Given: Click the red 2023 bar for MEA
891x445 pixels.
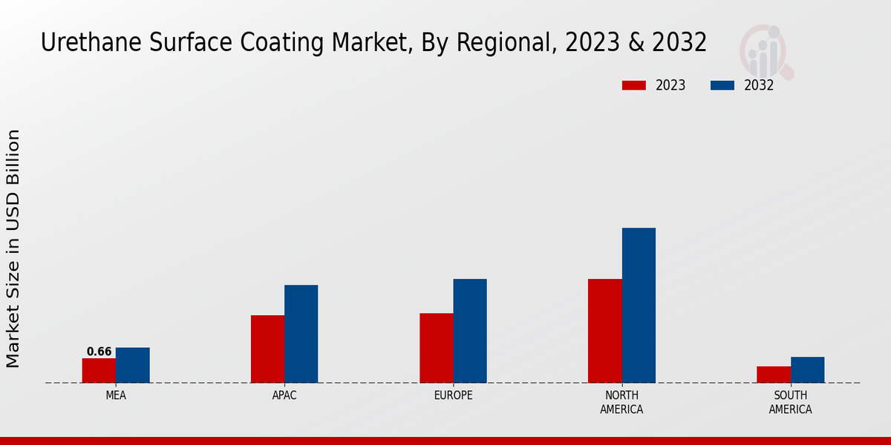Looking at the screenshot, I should (99, 370).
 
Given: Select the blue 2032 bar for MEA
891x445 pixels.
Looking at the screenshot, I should (132, 365).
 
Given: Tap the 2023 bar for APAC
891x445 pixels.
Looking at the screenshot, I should (267, 349).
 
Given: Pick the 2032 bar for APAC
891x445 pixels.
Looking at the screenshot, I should (301, 334).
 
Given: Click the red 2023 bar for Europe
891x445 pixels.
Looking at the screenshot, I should (436, 348).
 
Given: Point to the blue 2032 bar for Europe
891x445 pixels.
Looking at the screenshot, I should (470, 331).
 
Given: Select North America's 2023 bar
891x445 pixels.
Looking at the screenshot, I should (604, 331).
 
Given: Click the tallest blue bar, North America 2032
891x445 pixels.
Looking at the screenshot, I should (639, 305).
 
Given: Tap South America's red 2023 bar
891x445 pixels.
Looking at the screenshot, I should (773, 375).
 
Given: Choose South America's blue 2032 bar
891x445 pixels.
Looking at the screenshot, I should (807, 369).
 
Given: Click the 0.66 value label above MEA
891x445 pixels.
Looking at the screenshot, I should (99, 352).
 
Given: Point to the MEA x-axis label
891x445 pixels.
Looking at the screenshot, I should (116, 395).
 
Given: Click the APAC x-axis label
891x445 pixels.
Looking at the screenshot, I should (284, 395).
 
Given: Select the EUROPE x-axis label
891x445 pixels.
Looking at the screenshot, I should (453, 395).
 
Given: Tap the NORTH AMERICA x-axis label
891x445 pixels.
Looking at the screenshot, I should (621, 402).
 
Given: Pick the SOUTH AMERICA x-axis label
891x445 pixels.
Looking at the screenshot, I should (790, 402).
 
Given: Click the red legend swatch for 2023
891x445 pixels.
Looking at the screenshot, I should (634, 85).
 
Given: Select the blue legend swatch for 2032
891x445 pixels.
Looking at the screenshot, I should (722, 85).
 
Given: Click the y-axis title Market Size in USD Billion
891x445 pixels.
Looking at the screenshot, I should (13, 248).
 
